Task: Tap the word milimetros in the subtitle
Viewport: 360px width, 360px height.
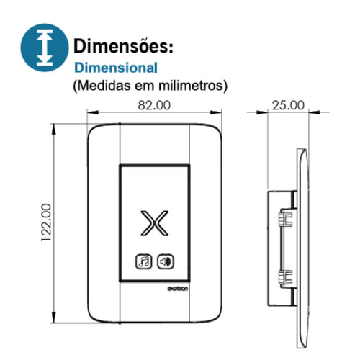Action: [x=196, y=85]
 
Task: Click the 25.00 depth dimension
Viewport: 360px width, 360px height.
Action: [x=287, y=104]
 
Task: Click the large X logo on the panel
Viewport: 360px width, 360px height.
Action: [x=156, y=224]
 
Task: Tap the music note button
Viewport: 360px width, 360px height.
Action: [x=143, y=261]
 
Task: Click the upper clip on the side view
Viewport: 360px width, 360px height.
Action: [x=285, y=215]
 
